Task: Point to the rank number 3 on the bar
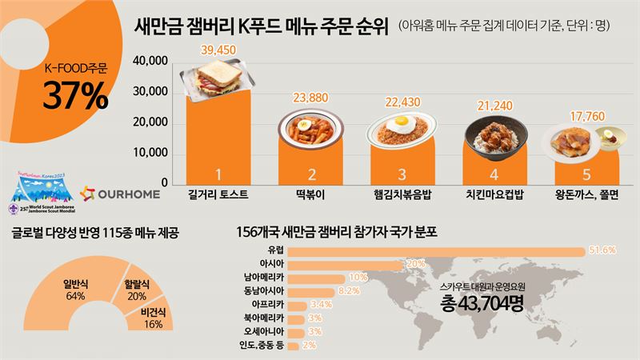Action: point(403,174)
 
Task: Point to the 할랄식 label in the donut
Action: point(129,283)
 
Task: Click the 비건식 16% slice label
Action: point(153,317)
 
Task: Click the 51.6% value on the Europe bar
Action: point(602,250)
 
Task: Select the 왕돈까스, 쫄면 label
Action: point(586,194)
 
